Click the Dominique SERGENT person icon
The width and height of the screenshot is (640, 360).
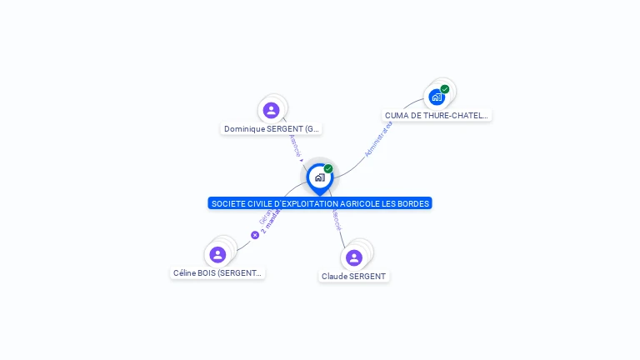coord(271,110)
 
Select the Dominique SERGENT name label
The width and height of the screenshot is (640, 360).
coord(272,129)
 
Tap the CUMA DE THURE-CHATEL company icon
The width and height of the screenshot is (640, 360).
coord(437,97)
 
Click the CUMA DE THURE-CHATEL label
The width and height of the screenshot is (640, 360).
coord(436,116)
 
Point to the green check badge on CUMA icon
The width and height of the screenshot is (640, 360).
coord(445,89)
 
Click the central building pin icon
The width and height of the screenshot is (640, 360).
coord(319,177)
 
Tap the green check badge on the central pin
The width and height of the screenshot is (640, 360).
coord(328,169)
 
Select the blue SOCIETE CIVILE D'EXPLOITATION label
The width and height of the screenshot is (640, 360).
coord(320,203)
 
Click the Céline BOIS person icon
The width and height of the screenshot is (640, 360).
coord(217,254)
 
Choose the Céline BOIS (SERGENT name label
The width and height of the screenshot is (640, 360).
coord(217,272)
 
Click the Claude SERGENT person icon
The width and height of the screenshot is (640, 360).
coord(353,257)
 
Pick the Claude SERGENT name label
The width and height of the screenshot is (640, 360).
coord(354,276)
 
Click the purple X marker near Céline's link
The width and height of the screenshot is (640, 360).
coord(255,235)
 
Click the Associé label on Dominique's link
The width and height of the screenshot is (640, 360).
coord(294,146)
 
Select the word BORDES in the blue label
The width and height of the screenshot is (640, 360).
coord(413,203)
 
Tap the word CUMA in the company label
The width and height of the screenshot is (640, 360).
coord(396,116)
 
